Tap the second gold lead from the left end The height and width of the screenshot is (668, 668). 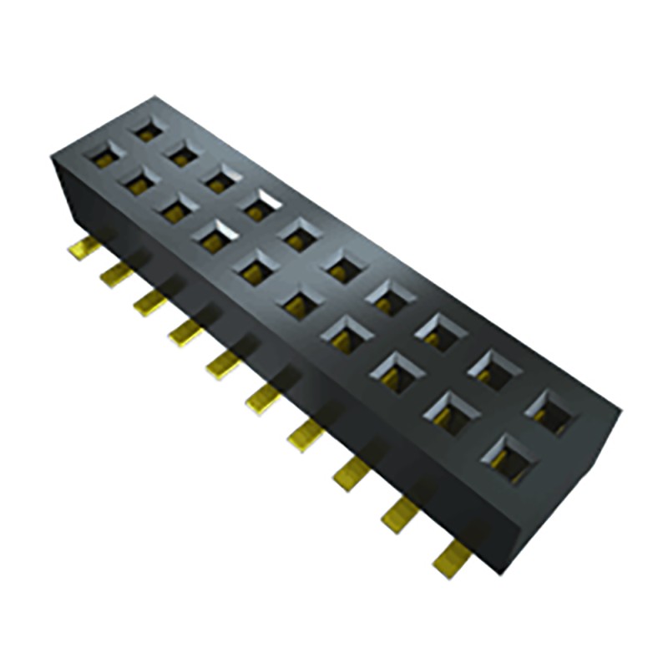117,274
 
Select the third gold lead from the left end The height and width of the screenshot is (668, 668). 151,302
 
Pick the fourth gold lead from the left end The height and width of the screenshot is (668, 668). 186,331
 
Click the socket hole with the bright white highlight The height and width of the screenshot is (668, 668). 261,203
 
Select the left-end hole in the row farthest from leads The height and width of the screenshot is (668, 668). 148,129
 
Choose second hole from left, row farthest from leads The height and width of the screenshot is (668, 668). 183,153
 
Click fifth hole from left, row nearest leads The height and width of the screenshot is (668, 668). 253,266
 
